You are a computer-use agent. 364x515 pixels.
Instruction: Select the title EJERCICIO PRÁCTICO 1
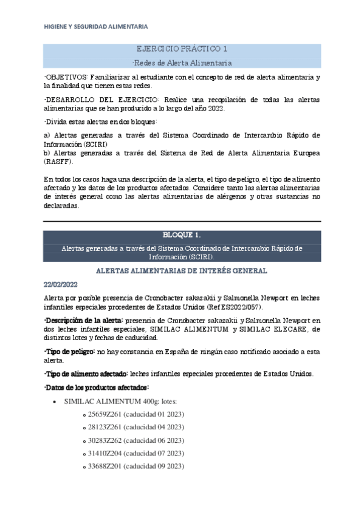182,49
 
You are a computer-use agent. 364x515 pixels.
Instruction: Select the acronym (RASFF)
58,162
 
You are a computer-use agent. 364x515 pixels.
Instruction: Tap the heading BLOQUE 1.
182,235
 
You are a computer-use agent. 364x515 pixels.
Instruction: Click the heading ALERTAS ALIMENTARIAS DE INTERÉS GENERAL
182,270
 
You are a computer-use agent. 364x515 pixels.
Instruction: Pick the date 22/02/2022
61,284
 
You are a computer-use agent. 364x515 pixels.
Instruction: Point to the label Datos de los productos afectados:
89,387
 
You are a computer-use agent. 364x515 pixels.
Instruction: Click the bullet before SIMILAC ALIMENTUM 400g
57,401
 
